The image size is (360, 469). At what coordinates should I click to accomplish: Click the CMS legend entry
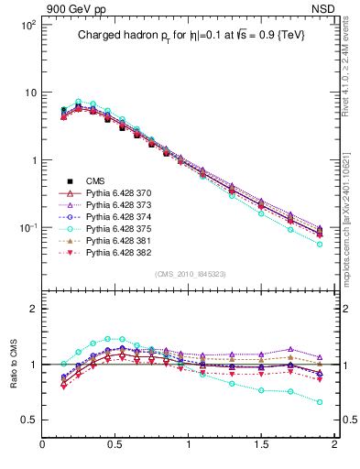pyautogui.click(x=96, y=181)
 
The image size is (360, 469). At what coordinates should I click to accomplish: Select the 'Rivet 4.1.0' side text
pyautogui.click(x=345, y=69)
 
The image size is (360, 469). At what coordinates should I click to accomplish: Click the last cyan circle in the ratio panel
pyautogui.click(x=320, y=402)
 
